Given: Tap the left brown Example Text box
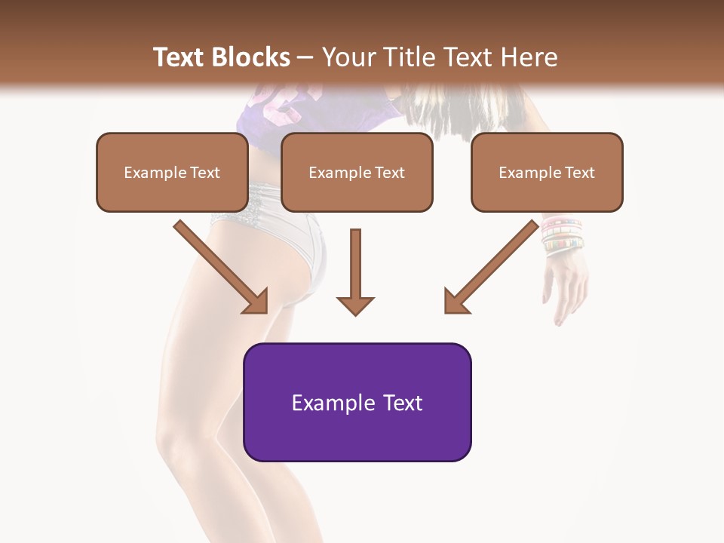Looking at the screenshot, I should (172, 173).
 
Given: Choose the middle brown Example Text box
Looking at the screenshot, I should (357, 173).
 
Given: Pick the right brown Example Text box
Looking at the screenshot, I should (547, 173).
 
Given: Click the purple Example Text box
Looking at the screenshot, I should (357, 403).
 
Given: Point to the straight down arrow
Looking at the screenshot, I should (355, 272).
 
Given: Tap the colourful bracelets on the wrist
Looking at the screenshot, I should (562, 234).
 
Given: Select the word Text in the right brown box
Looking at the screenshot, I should (579, 173).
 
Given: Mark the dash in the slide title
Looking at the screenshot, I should (305, 58).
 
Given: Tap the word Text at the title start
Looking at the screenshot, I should (181, 57).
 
